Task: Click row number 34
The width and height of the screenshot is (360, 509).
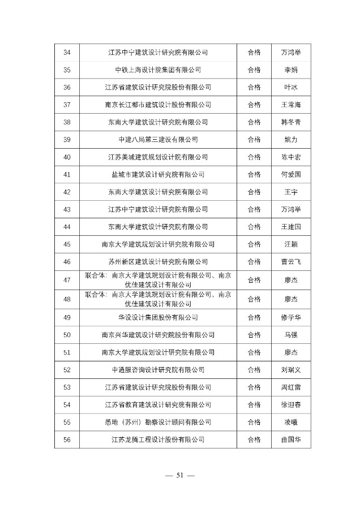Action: (x=67, y=53)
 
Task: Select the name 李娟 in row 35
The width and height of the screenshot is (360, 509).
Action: (x=290, y=70)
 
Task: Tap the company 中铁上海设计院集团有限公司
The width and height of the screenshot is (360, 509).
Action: (x=158, y=70)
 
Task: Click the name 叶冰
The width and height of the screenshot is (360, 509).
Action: (x=290, y=87)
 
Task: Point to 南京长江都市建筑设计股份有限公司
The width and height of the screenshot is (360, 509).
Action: (x=158, y=105)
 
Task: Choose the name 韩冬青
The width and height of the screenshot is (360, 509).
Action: (x=290, y=122)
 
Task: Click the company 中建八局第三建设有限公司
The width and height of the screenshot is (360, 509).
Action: (x=158, y=139)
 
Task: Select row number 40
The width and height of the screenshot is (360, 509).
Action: (x=67, y=157)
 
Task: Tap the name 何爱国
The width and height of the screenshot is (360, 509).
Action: (x=290, y=174)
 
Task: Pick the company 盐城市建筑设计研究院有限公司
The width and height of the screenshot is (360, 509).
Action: (x=158, y=174)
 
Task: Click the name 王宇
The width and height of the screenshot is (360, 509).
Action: (x=290, y=192)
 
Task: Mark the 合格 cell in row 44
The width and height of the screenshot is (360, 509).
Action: (x=254, y=226)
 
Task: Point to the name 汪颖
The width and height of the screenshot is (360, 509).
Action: (x=290, y=244)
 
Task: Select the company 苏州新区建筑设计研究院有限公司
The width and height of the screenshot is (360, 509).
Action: (x=158, y=261)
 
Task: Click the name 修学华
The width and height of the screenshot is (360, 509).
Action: (x=290, y=317)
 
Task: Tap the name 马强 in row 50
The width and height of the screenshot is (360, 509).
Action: (x=290, y=335)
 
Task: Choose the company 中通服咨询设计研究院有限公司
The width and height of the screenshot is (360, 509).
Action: (x=158, y=369)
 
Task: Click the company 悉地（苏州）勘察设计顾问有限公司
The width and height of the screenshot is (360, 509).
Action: (x=158, y=422)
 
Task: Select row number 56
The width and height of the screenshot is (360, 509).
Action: (x=67, y=439)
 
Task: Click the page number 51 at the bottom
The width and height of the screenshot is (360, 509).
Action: (x=180, y=475)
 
